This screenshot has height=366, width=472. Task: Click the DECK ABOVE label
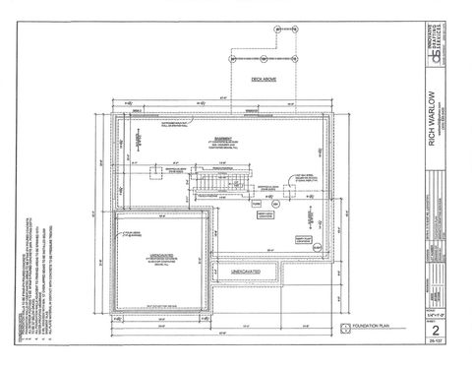[x=265, y=79]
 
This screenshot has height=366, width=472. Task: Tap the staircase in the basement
[x=208, y=184]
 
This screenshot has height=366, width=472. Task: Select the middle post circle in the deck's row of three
[x=265, y=46]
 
